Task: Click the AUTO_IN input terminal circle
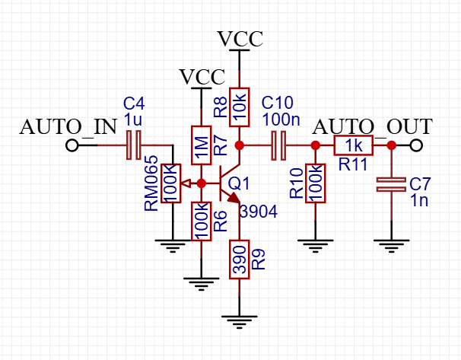point(72,145)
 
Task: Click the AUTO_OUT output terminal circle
point(415,145)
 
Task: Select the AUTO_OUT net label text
point(373,126)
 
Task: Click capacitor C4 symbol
point(134,145)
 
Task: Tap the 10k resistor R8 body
point(240,107)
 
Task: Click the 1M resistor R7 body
point(202,145)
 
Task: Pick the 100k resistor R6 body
point(202,221)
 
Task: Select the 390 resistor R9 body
point(240,260)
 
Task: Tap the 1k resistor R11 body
point(354,145)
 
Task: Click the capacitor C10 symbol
point(278,145)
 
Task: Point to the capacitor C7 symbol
point(392,183)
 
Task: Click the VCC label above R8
point(240,38)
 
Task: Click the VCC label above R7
point(202,76)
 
